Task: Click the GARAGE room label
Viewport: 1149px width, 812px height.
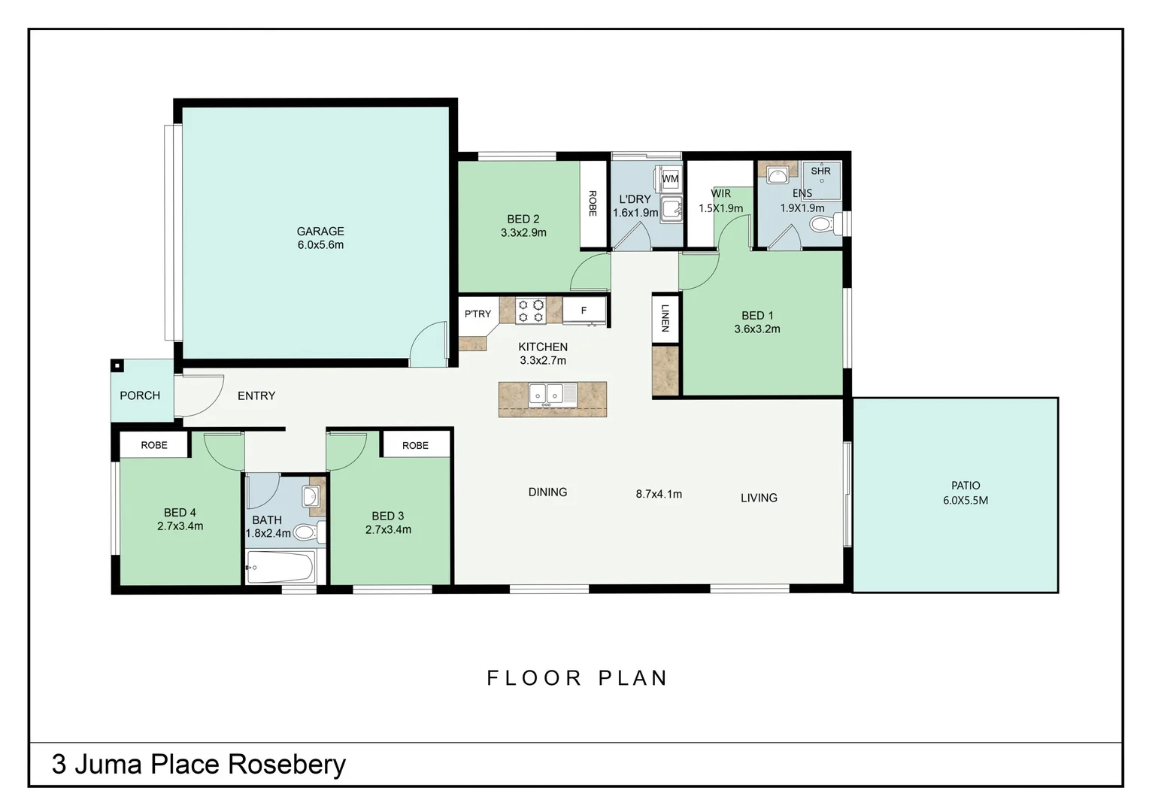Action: (320, 232)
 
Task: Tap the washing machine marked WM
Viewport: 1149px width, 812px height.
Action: (669, 179)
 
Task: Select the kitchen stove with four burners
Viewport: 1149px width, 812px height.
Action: (530, 311)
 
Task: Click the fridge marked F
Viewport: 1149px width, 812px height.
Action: (584, 311)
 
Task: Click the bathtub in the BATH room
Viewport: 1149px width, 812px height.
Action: (280, 567)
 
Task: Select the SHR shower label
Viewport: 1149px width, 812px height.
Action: (820, 171)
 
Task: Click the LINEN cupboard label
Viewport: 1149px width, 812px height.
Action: (665, 318)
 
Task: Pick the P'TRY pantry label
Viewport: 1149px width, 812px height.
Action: (477, 314)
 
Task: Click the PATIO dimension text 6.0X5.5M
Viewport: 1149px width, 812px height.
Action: (966, 500)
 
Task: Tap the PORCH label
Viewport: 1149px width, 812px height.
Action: (140, 395)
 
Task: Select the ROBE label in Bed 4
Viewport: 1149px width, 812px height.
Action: (154, 445)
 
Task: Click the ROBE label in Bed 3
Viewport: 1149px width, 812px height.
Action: (415, 445)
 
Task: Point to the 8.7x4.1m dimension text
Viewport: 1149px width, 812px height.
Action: (659, 494)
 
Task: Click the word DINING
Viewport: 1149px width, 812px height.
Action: (547, 492)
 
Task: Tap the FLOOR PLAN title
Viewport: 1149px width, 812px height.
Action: (578, 678)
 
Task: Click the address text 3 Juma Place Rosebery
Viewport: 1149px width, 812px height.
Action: (199, 764)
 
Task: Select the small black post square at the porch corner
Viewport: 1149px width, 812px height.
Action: (117, 366)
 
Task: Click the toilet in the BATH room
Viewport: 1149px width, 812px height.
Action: (305, 532)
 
